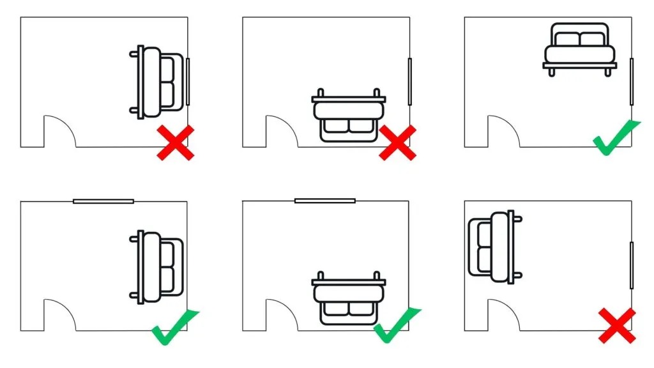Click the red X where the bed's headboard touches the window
coord(176,142)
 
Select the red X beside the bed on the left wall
coord(617,325)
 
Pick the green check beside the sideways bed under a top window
coord(175,326)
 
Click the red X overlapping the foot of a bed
coord(397,142)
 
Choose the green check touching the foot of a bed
coord(397,325)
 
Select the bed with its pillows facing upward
coord(580,49)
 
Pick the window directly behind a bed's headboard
coord(188,81)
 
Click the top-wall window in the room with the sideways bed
coord(103,201)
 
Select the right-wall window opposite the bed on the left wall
coord(632,265)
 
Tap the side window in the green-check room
coord(632,81)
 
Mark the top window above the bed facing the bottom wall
coord(325,201)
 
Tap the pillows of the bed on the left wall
coord(482,246)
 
